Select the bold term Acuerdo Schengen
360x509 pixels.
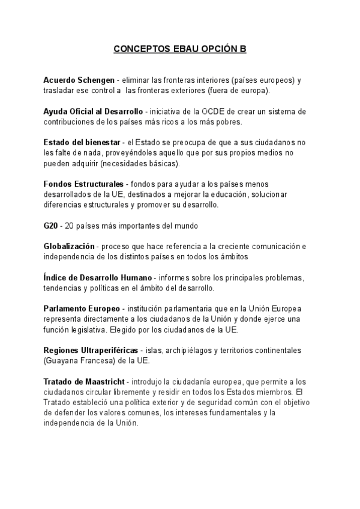79,80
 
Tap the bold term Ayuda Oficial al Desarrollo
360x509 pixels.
93,111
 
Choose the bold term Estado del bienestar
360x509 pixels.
81,142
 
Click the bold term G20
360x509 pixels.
50,226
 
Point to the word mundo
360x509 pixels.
184,226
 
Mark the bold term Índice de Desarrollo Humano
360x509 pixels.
98,277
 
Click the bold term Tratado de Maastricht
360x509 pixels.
84,382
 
